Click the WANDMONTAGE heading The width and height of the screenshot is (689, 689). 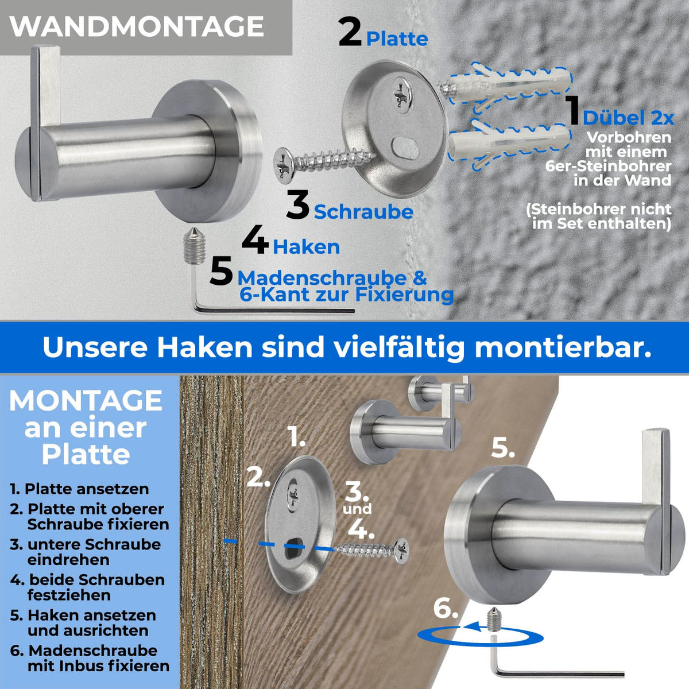pos(137,26)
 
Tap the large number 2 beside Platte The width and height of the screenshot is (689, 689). pos(350,32)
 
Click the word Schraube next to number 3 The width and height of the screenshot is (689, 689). pos(363,212)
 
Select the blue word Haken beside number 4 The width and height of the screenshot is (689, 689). pos(306,247)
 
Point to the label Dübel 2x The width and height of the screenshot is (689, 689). pos(628,118)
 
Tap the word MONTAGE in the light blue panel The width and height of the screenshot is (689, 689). pos(86,401)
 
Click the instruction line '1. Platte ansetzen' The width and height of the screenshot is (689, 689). pos(79,489)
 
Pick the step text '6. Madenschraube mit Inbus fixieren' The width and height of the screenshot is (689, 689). pos(92,658)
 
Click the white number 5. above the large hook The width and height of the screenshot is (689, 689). pos(502,448)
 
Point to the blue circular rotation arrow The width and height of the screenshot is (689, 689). pos(481,636)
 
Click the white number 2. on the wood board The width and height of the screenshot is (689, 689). pos(258,477)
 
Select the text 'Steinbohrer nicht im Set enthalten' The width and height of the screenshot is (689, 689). pos(599,216)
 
